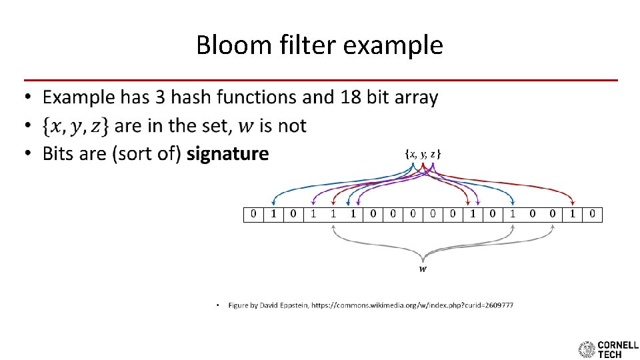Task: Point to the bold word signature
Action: click(x=227, y=154)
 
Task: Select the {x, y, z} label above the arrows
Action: click(x=423, y=154)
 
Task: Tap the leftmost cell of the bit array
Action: click(x=253, y=215)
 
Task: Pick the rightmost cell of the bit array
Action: click(x=593, y=215)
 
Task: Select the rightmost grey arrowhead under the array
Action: click(x=553, y=227)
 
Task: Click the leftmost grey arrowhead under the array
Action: click(x=333, y=227)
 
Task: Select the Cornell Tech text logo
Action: click(x=618, y=349)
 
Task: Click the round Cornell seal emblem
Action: click(x=587, y=349)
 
